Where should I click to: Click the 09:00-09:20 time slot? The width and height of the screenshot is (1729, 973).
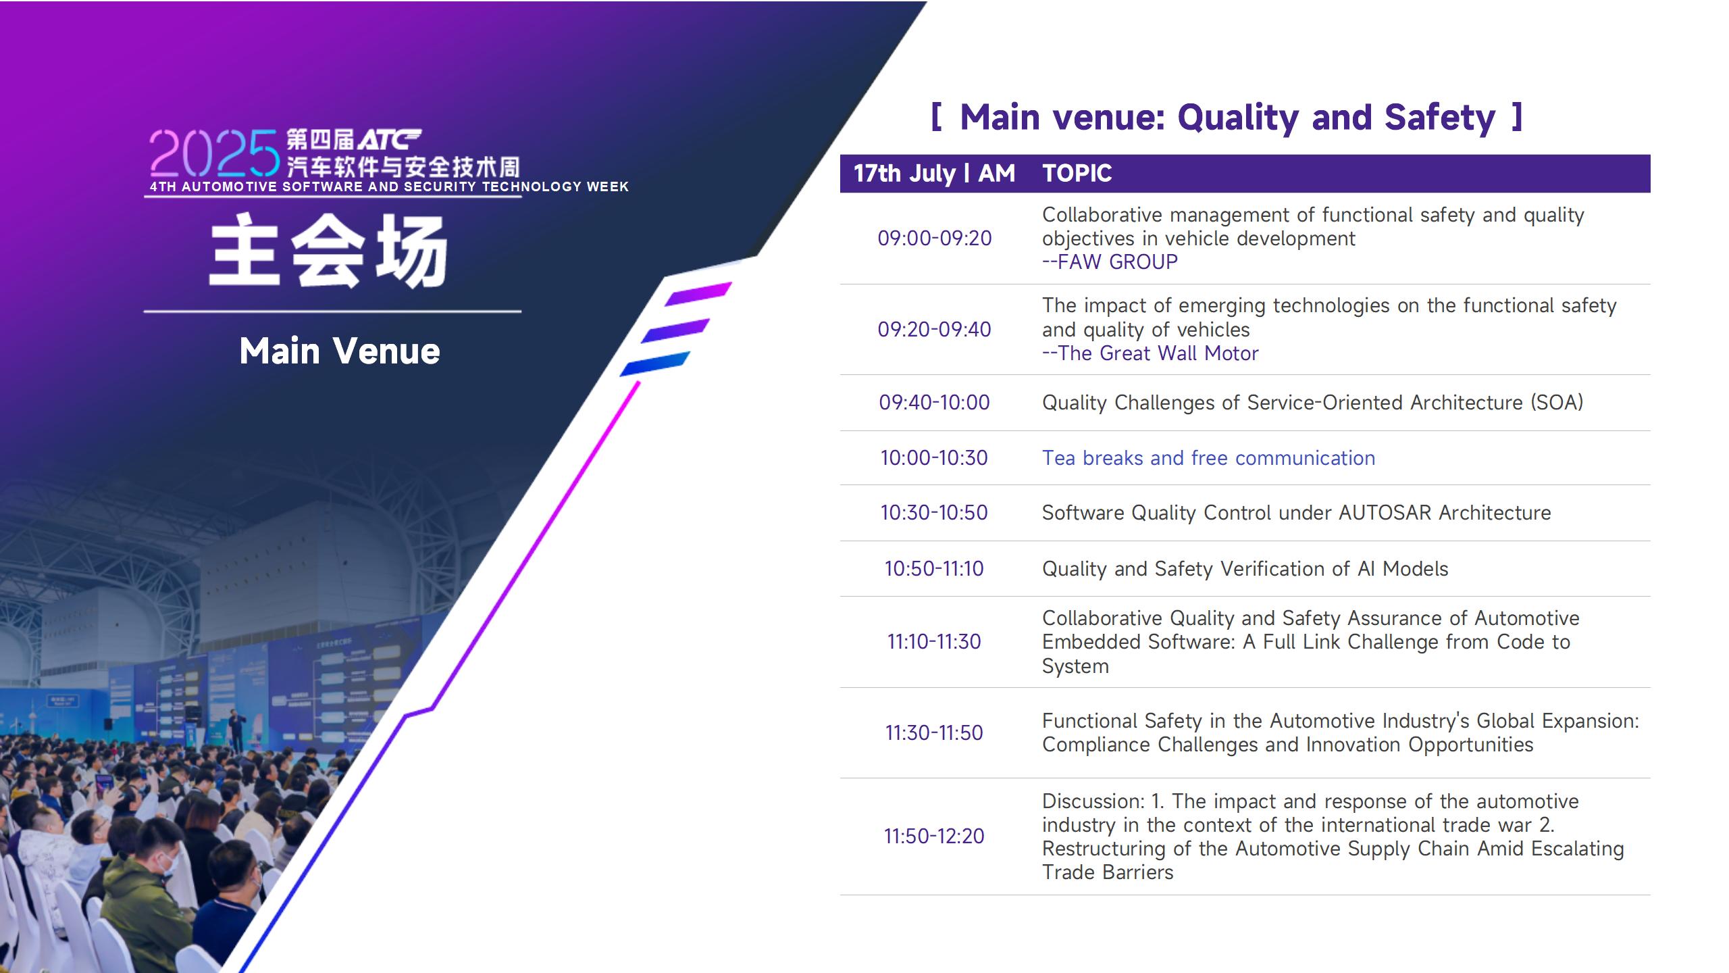(x=934, y=239)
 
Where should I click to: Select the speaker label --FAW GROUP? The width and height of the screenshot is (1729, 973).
(x=1110, y=262)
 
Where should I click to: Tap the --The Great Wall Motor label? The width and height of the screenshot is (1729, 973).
(x=1150, y=353)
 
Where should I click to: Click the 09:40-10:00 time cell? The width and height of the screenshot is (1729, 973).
(x=934, y=403)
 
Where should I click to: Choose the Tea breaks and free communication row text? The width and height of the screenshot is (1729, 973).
(x=1208, y=458)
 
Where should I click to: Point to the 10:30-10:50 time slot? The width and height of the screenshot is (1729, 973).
(x=934, y=513)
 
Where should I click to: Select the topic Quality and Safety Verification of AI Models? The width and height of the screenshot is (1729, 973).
(x=1245, y=569)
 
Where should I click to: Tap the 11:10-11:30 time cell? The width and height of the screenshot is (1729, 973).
(x=934, y=642)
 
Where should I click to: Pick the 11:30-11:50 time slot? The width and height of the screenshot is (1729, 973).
(x=934, y=733)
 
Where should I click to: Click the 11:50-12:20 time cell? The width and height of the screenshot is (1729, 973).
(x=934, y=837)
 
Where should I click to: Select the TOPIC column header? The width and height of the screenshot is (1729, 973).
(x=1077, y=174)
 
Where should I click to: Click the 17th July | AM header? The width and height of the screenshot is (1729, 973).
(x=934, y=174)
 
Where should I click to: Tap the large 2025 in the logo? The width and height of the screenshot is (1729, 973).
(x=214, y=153)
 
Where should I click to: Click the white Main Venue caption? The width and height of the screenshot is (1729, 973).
(x=340, y=351)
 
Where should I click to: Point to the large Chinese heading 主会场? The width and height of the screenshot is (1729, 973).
(x=329, y=251)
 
